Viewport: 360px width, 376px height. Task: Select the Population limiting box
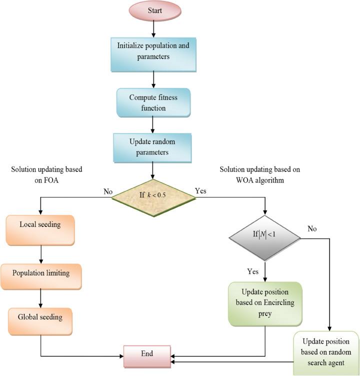point(40,273)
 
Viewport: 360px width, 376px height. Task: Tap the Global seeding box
point(40,317)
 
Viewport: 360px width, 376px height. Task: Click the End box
point(147,353)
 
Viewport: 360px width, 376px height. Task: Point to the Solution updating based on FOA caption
point(46,174)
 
